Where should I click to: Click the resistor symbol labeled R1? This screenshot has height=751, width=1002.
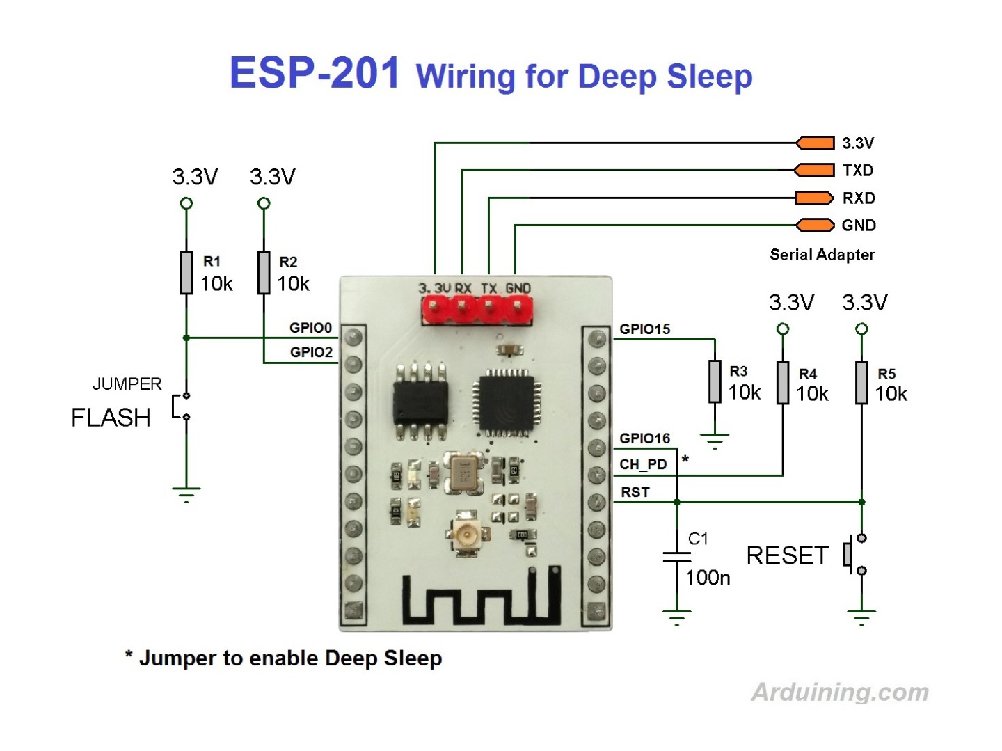tap(186, 273)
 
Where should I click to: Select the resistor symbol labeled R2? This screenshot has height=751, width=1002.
tap(264, 273)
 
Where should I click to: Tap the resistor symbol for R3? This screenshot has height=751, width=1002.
tap(715, 381)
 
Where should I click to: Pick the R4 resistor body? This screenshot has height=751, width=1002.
tap(783, 383)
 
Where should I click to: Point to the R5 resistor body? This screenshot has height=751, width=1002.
tap(861, 383)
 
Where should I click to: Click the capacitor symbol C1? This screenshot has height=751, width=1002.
tap(676, 556)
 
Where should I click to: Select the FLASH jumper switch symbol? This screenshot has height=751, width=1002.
tap(182, 406)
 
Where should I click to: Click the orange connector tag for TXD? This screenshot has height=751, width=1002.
tap(815, 171)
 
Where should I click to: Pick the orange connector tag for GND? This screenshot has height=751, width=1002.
tap(815, 225)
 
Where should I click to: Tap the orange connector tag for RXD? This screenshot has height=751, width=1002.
tap(815, 198)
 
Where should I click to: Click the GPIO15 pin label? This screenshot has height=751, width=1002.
tap(645, 329)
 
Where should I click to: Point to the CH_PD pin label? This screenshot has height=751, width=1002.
tap(643, 464)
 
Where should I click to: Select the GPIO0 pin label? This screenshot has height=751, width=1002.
tap(310, 328)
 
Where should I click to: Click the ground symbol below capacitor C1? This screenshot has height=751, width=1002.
tap(676, 617)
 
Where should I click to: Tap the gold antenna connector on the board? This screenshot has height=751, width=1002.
tap(464, 535)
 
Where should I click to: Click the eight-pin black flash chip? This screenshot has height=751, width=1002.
tap(420, 402)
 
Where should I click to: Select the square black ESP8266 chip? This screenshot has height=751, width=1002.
tap(506, 403)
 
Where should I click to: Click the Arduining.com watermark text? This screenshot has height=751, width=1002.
tap(840, 692)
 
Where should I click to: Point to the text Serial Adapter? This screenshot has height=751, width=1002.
tap(822, 255)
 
